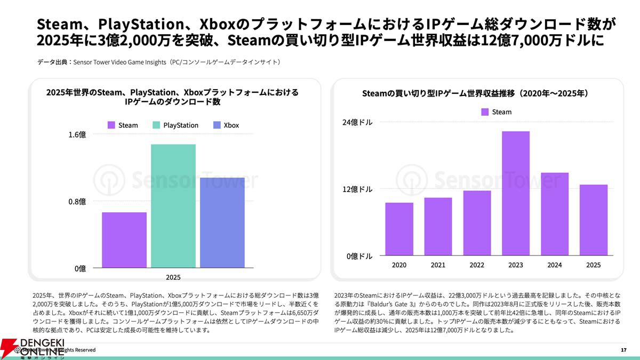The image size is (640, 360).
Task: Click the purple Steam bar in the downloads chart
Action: tap(124, 240)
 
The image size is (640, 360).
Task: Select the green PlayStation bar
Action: tap(173, 206)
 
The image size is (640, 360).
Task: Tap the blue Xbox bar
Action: tap(222, 222)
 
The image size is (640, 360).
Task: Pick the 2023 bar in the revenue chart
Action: tap(515, 194)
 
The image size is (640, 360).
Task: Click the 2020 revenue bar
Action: tap(399, 229)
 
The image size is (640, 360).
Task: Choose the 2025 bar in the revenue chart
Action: tap(593, 220)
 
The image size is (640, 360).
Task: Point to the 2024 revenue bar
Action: tap(555, 214)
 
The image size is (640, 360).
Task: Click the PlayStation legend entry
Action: tap(175, 125)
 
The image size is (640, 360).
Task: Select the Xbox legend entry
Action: tap(226, 125)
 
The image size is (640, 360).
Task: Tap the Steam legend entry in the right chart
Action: tap(496, 112)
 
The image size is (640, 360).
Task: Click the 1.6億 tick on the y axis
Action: tap(77, 134)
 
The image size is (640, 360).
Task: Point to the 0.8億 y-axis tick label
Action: tap(77, 202)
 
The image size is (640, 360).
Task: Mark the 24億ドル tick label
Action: tap(357, 122)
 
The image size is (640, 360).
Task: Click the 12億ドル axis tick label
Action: tap(357, 189)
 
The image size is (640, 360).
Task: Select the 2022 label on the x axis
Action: tap(477, 265)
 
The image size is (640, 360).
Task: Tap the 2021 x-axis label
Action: tap(438, 265)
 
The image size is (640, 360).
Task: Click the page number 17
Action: tap(623, 350)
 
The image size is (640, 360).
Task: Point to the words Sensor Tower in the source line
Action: tap(91, 62)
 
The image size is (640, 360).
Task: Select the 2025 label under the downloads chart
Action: tap(173, 277)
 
